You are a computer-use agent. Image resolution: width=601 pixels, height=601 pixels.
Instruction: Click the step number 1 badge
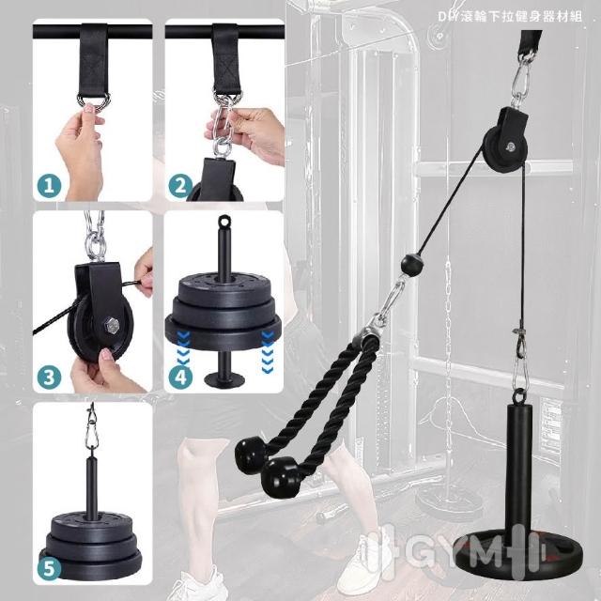[49, 186]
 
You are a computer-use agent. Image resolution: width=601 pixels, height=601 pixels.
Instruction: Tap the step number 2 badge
[180, 186]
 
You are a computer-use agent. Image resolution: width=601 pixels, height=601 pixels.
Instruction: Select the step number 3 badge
[49, 377]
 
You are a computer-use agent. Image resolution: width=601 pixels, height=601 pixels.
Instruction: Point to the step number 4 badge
[180, 377]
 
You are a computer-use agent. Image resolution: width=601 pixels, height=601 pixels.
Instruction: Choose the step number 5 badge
[49, 568]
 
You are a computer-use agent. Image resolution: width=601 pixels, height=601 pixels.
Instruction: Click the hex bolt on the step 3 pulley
[112, 326]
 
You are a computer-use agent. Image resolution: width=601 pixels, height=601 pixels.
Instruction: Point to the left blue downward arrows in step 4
[184, 352]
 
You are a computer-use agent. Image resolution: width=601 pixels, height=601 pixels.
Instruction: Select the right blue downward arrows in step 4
[267, 352]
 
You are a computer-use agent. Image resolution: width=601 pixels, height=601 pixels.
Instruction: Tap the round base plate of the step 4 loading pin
[224, 380]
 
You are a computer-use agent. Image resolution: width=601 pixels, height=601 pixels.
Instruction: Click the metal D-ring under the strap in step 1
[94, 101]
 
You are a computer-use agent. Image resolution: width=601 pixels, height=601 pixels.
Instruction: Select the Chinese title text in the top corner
[510, 16]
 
